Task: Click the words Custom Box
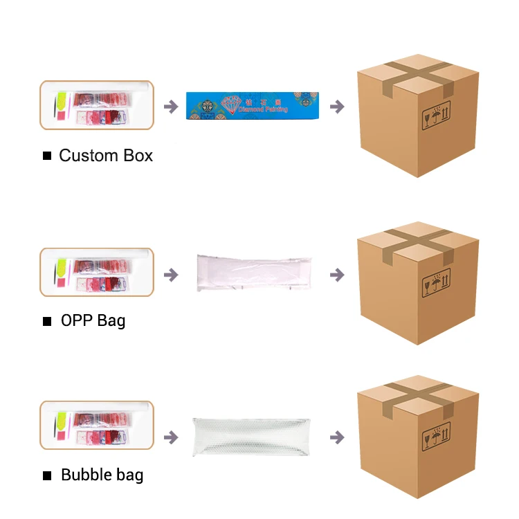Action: (x=106, y=155)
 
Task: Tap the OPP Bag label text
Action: (x=93, y=320)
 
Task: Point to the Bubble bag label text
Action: (x=102, y=475)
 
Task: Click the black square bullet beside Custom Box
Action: (x=47, y=156)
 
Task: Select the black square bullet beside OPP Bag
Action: (x=47, y=321)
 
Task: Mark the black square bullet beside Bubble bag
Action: (x=47, y=475)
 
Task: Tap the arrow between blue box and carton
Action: (x=337, y=107)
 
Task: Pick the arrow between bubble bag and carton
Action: (x=337, y=437)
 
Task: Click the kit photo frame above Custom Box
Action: (x=97, y=105)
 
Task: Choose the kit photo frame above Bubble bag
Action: (x=97, y=425)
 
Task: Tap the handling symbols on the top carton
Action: (x=436, y=120)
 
